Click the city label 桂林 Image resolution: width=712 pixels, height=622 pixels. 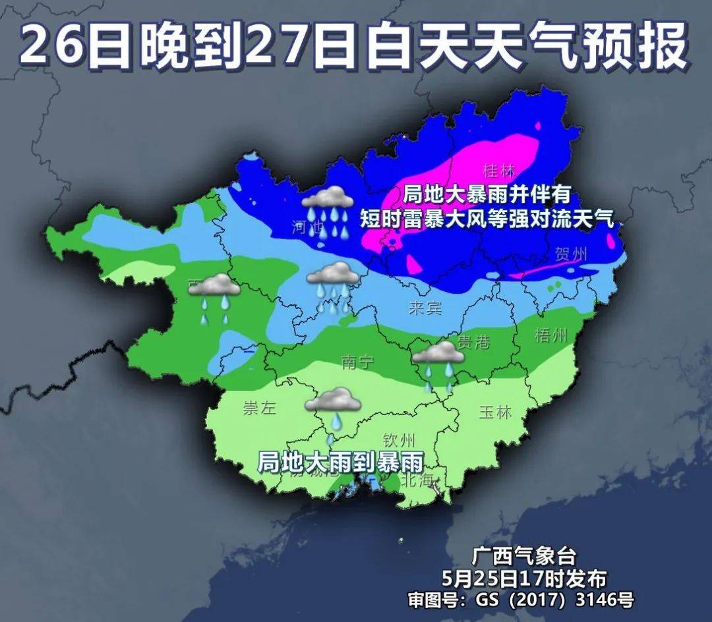tap(498, 171)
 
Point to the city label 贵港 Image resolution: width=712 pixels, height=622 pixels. tap(473, 341)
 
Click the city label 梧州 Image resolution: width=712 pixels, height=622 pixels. tap(550, 335)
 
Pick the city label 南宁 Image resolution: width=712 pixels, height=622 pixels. tap(358, 362)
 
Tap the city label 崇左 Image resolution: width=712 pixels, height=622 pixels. tap(258, 408)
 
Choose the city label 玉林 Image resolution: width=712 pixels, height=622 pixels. tap(494, 412)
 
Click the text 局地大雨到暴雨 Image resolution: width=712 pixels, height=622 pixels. tap(340, 461)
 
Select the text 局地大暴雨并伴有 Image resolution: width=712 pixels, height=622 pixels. tap(487, 195)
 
